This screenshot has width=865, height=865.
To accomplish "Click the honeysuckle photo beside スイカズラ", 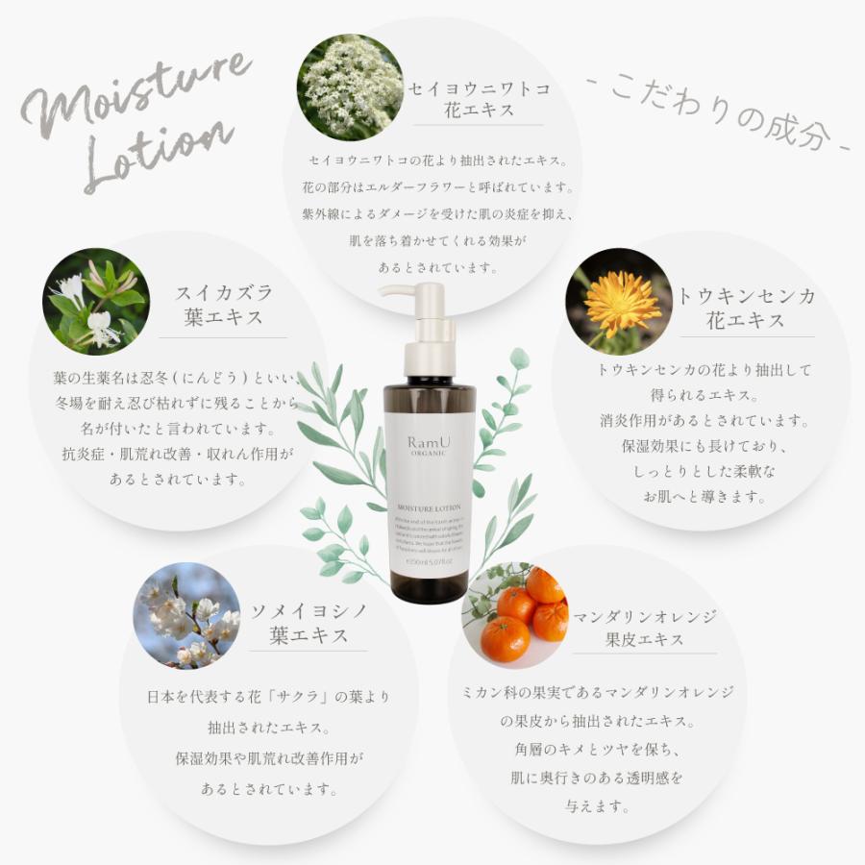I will click(x=96, y=302).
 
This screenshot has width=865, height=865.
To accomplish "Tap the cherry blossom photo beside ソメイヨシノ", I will click(x=187, y=615).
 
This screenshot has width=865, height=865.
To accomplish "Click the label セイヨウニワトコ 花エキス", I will click(x=478, y=100).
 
